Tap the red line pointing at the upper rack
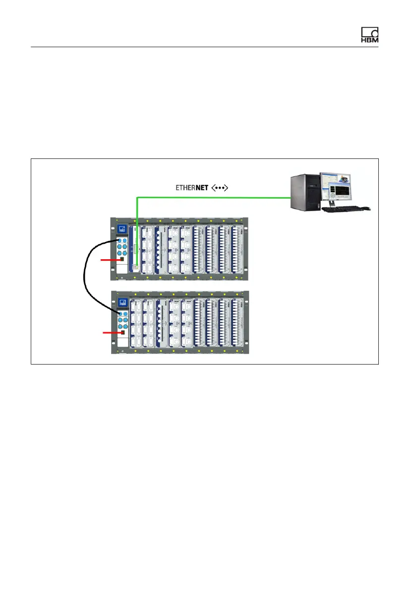pyautogui.click(x=109, y=260)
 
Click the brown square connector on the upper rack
pyautogui.click(x=120, y=259)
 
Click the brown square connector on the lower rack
pyautogui.click(x=120, y=333)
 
